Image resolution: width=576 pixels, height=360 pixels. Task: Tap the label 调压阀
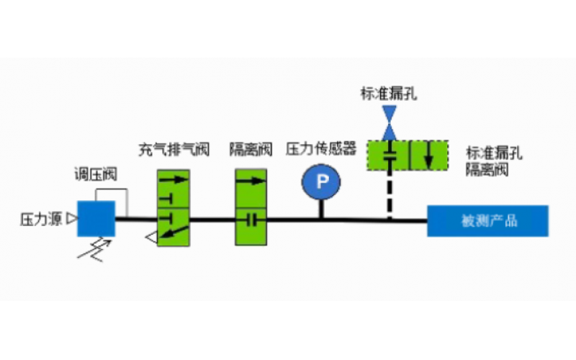pos(96,175)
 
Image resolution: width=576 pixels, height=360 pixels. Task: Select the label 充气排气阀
pos(174,150)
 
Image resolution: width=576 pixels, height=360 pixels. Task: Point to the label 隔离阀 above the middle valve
pos(250,150)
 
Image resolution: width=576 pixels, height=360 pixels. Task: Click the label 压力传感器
pos(321,150)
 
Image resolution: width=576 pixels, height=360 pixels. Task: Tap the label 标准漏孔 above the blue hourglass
pos(389,93)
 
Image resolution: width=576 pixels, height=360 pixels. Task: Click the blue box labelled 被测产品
pos(488,220)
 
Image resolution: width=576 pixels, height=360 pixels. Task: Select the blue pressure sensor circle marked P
pos(321,183)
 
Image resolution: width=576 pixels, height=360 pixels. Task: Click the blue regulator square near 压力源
pos(96,218)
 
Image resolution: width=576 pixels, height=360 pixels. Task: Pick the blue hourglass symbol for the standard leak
pos(389,123)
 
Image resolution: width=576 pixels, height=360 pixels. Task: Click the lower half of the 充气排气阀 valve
pos(174,225)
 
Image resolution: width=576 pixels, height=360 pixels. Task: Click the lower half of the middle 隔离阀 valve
pos(250,225)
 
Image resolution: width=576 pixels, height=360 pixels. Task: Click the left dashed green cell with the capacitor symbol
pos(389,156)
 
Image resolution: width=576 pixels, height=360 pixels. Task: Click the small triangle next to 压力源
pos(71,220)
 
